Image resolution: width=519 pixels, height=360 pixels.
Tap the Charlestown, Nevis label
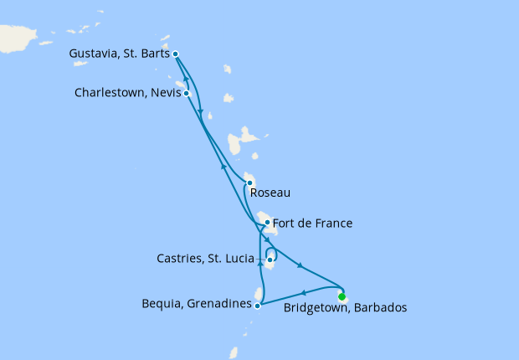127,93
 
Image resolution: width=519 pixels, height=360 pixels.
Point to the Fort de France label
312,224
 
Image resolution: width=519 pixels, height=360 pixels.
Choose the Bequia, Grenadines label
197,305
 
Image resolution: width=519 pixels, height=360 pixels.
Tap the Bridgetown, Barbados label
345,308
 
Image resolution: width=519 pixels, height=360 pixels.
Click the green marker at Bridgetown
342,296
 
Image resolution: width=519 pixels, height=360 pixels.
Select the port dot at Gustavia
175,54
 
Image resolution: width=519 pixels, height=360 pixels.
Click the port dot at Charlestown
187,93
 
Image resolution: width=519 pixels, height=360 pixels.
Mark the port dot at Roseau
249,183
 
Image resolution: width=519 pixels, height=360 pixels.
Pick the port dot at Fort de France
267,223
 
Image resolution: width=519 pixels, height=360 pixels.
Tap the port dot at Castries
270,260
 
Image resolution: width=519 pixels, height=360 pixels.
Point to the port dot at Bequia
257,306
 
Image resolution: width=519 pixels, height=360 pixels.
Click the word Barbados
381,308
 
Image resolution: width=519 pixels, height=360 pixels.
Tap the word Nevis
167,93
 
